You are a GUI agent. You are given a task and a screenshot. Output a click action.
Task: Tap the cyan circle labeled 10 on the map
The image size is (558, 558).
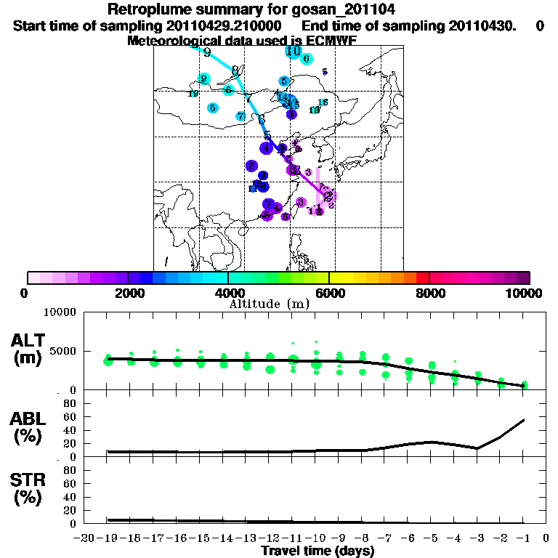(x=294, y=52)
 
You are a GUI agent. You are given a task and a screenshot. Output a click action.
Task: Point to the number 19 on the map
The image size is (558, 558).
(x=193, y=94)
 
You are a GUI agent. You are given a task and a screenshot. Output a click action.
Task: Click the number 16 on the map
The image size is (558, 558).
(x=323, y=102)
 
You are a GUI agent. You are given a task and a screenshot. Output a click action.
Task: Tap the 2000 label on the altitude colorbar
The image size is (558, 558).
(x=127, y=294)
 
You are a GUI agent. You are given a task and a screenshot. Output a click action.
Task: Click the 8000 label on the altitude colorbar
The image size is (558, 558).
(x=429, y=294)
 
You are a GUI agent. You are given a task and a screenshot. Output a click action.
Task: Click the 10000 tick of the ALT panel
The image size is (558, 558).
(x=61, y=312)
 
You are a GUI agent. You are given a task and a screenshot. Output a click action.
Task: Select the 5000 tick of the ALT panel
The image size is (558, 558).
(x=64, y=351)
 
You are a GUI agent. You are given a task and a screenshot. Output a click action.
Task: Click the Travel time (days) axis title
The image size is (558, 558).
(x=318, y=551)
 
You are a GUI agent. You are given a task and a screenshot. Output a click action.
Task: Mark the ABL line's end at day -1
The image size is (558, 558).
(x=525, y=419)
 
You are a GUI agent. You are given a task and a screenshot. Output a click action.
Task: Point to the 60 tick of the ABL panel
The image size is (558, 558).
(x=71, y=416)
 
